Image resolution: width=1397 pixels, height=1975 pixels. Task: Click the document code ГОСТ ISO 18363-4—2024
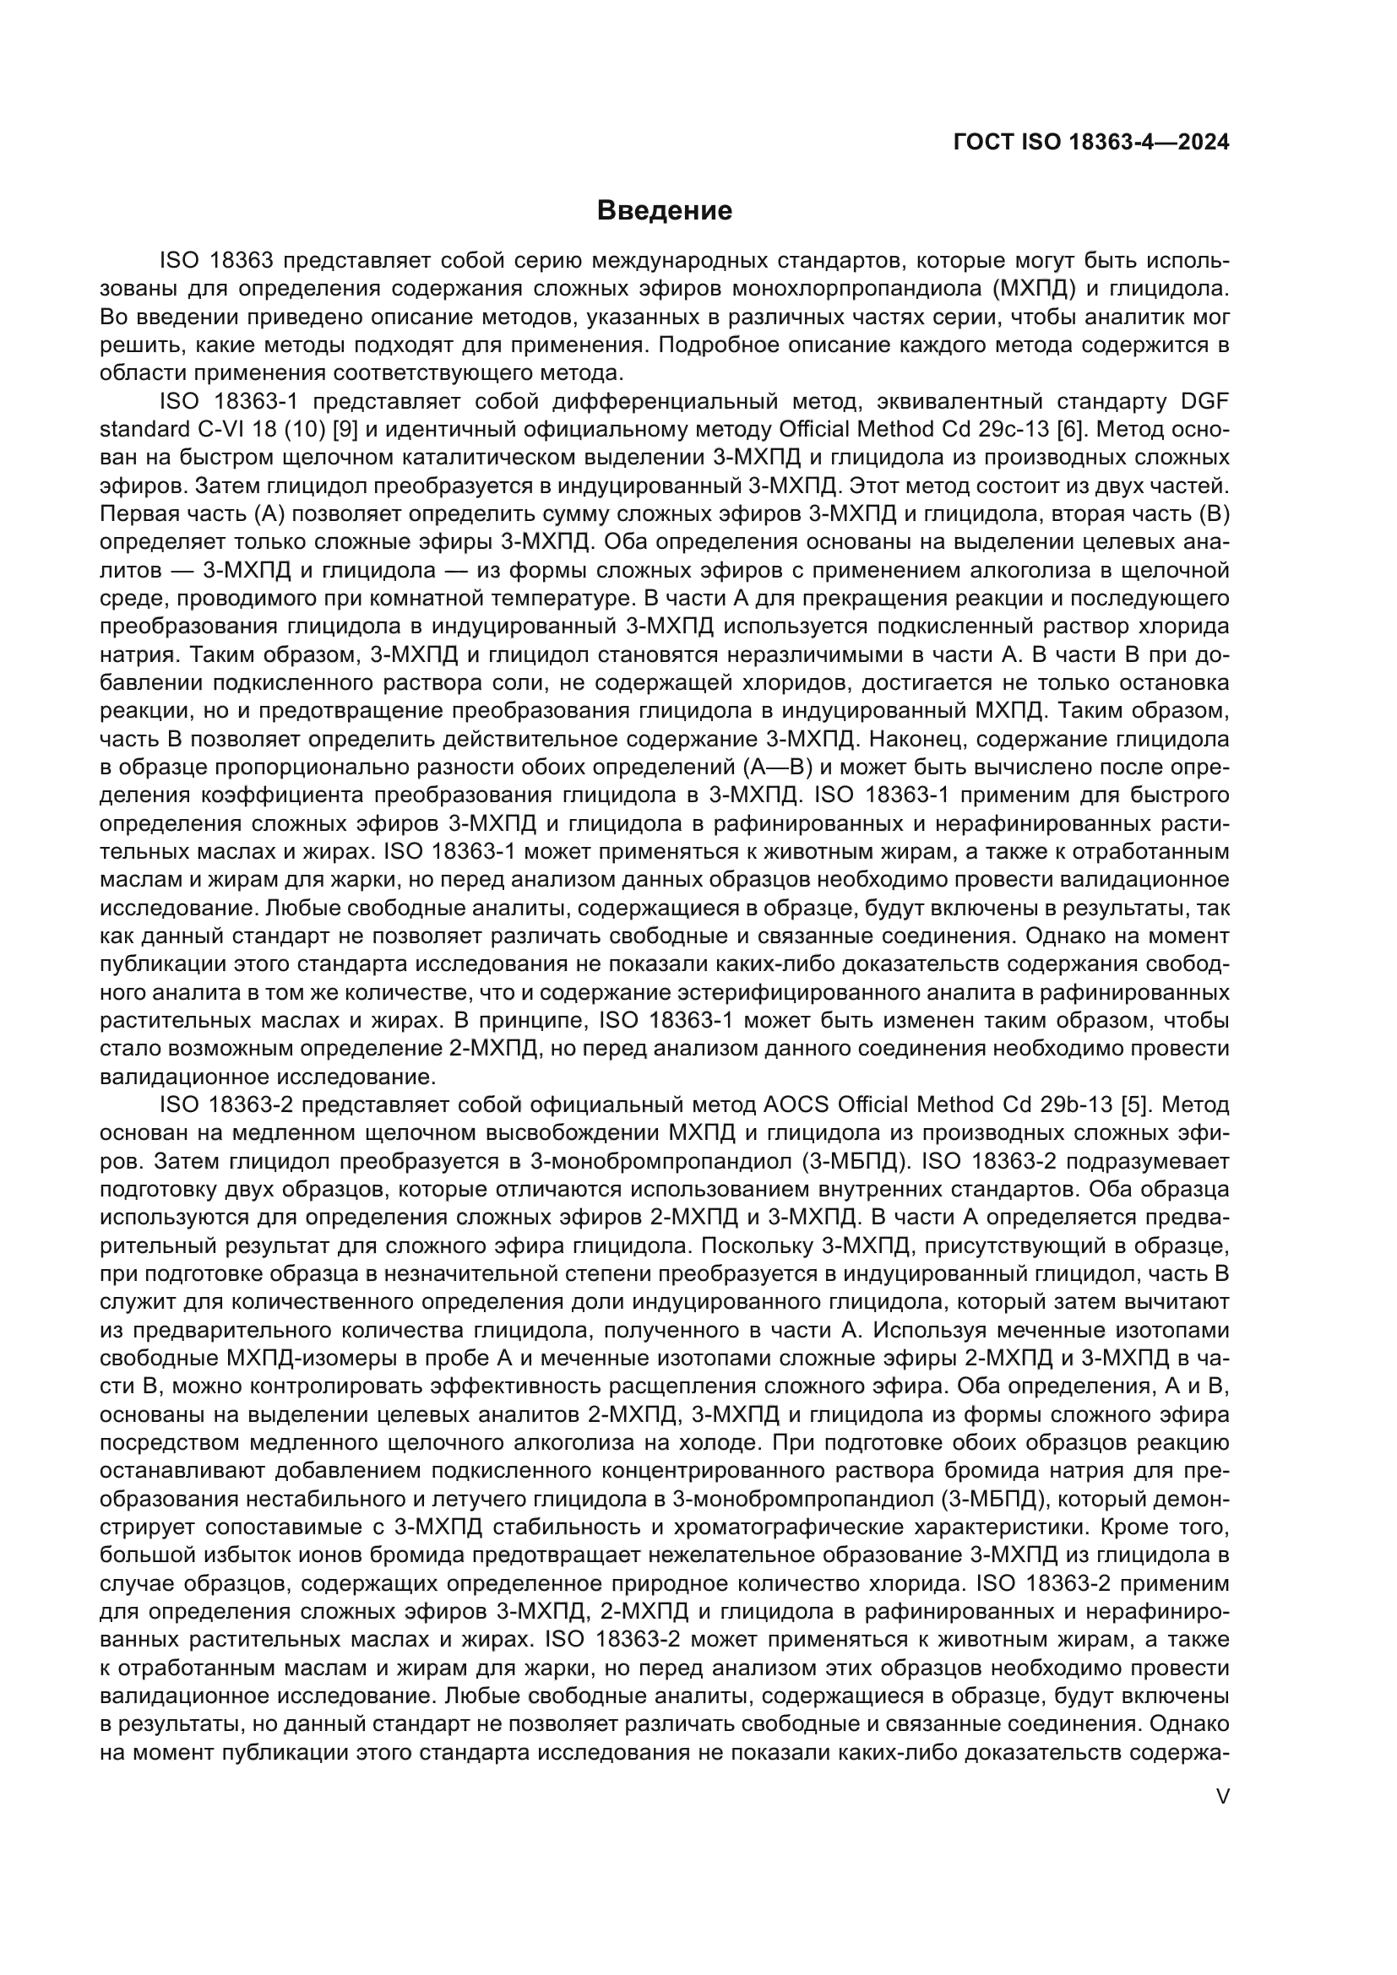coord(1090,143)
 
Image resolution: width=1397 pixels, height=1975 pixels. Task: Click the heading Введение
coord(664,211)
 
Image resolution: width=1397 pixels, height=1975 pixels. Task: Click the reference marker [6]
coord(1070,430)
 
